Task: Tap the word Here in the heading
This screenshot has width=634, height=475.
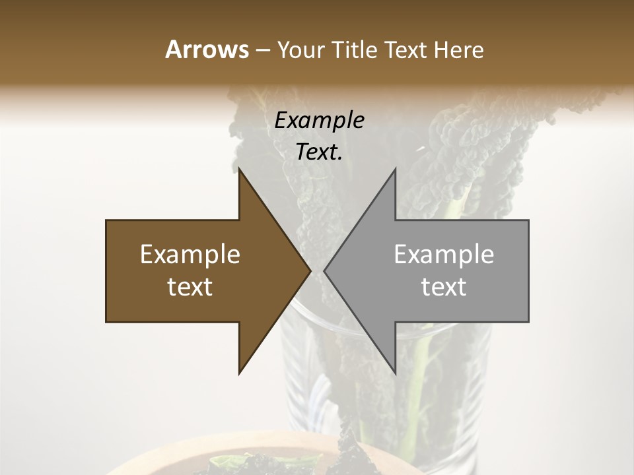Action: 458,50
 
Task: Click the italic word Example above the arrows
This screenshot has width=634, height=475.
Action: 319,121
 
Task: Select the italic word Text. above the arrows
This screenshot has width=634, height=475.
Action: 319,152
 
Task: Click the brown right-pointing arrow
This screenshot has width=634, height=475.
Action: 198,271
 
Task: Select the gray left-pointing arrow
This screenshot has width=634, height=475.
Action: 436,271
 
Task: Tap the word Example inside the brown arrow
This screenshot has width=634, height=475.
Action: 190,255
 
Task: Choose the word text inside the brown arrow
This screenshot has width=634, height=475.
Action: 190,287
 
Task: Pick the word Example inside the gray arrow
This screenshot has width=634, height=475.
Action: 444,255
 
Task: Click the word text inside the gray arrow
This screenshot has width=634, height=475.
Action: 444,287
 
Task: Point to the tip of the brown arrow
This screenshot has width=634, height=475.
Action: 308,271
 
